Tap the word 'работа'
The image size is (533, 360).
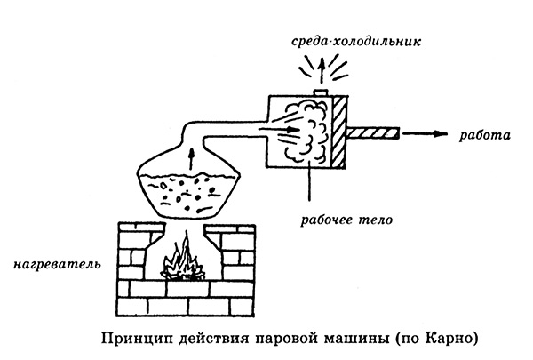click(484, 135)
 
